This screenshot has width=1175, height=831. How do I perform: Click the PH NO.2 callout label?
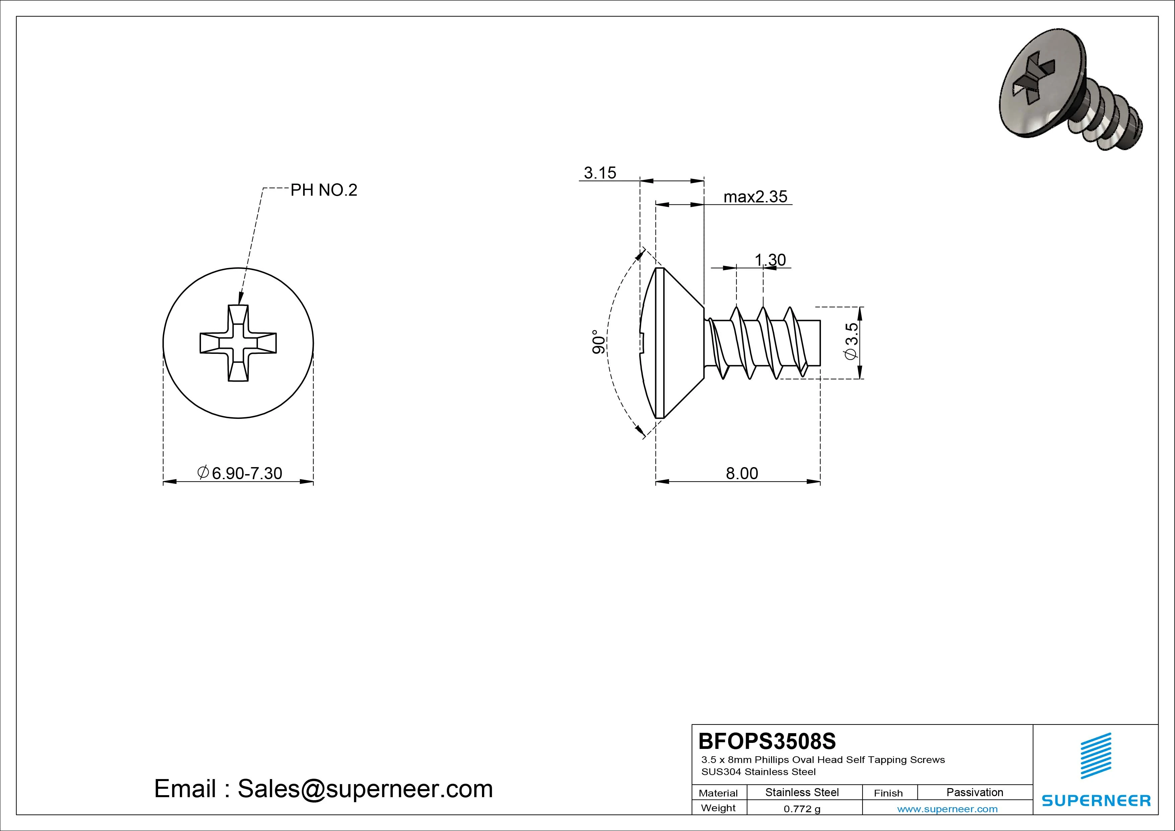click(x=324, y=190)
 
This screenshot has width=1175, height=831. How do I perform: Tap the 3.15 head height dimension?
click(x=600, y=173)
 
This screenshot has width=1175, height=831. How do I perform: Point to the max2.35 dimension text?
click(x=755, y=197)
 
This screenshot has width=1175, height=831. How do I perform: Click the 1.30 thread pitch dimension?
click(x=770, y=260)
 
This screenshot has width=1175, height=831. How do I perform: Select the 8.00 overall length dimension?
click(x=742, y=473)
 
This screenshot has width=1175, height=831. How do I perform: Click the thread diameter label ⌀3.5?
click(x=851, y=341)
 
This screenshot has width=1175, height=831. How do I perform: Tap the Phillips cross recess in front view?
click(x=238, y=343)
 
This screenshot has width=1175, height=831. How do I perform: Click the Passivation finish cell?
click(x=974, y=792)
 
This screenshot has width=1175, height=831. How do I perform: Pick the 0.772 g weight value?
click(x=802, y=809)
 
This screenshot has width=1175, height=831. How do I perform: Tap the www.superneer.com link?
click(x=947, y=809)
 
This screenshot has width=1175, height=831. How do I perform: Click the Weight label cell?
click(x=718, y=808)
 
